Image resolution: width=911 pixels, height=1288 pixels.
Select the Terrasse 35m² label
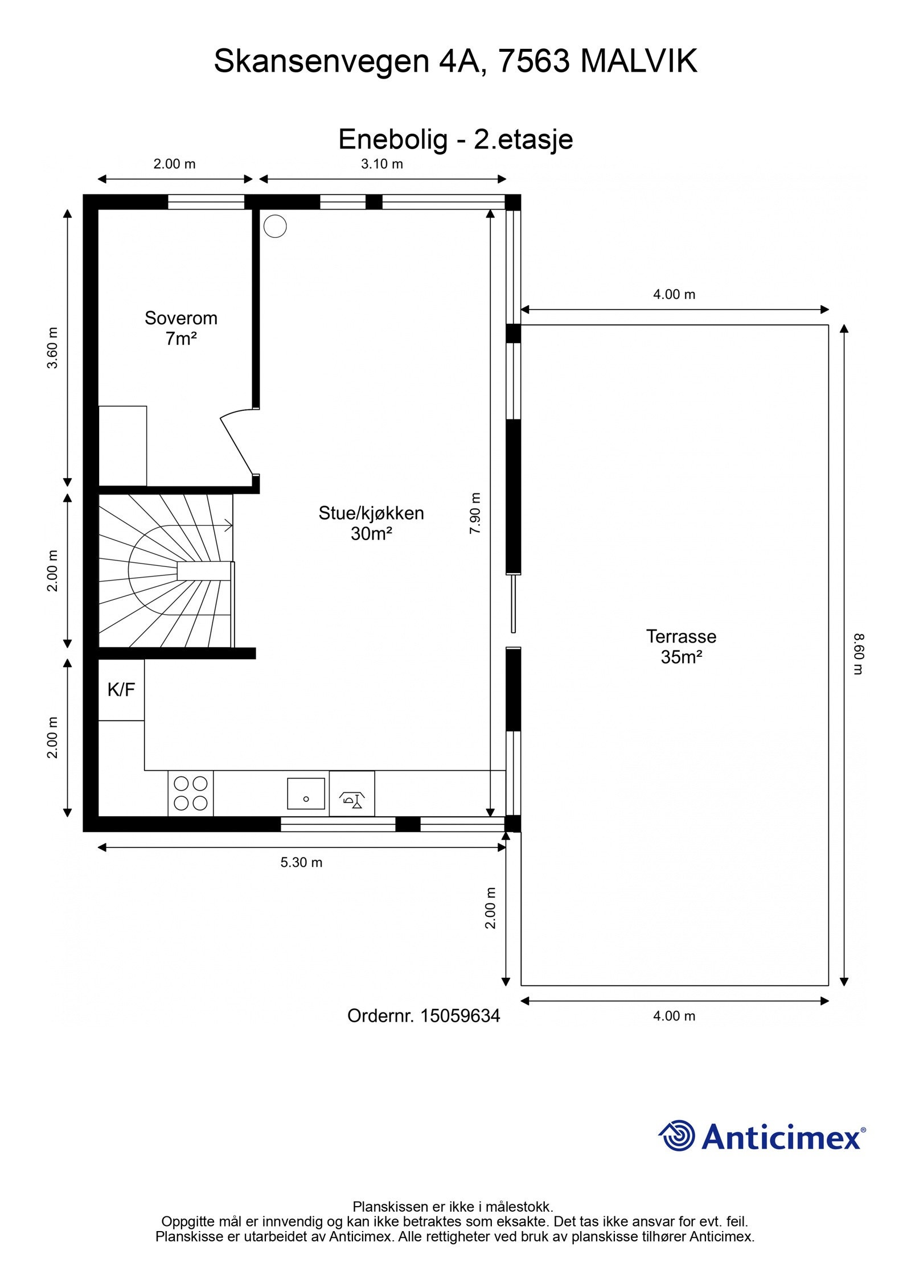coord(681,646)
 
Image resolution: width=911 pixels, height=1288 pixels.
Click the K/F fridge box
coord(121,690)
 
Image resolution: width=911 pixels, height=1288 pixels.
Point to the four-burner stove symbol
coord(191,793)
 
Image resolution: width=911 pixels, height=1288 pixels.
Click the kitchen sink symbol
coord(306,793)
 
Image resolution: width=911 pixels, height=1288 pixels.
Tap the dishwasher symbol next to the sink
coord(352,793)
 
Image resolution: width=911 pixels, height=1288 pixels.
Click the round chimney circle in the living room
coord(275,226)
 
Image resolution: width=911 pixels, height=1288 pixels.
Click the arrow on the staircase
coord(228,525)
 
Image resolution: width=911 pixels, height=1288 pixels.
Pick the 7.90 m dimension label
coord(475,513)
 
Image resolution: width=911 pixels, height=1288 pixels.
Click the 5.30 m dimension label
coord(301,862)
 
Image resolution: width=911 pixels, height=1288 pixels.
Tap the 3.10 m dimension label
coord(382,164)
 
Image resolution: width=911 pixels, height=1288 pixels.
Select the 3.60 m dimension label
coord(52,348)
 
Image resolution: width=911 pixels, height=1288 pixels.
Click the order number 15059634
coord(459,1016)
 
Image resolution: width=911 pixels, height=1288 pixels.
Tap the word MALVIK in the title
coord(638,61)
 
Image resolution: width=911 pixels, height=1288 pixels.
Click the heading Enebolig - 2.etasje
coord(455,139)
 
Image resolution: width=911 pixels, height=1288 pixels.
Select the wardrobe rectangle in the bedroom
coord(122,446)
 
